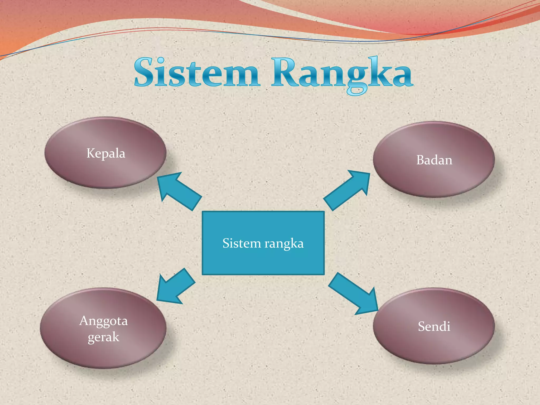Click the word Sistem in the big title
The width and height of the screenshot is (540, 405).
pos(196,73)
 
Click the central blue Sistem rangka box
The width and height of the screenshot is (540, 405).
pos(263,258)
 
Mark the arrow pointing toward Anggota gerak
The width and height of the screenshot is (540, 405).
pos(175,286)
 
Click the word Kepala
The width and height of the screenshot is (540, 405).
pos(106,153)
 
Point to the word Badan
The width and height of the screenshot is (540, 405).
pos(434,160)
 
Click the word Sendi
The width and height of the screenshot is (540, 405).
pos(434,326)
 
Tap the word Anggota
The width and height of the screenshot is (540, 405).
pos(103,321)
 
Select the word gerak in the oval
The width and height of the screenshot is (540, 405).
pos(103,337)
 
